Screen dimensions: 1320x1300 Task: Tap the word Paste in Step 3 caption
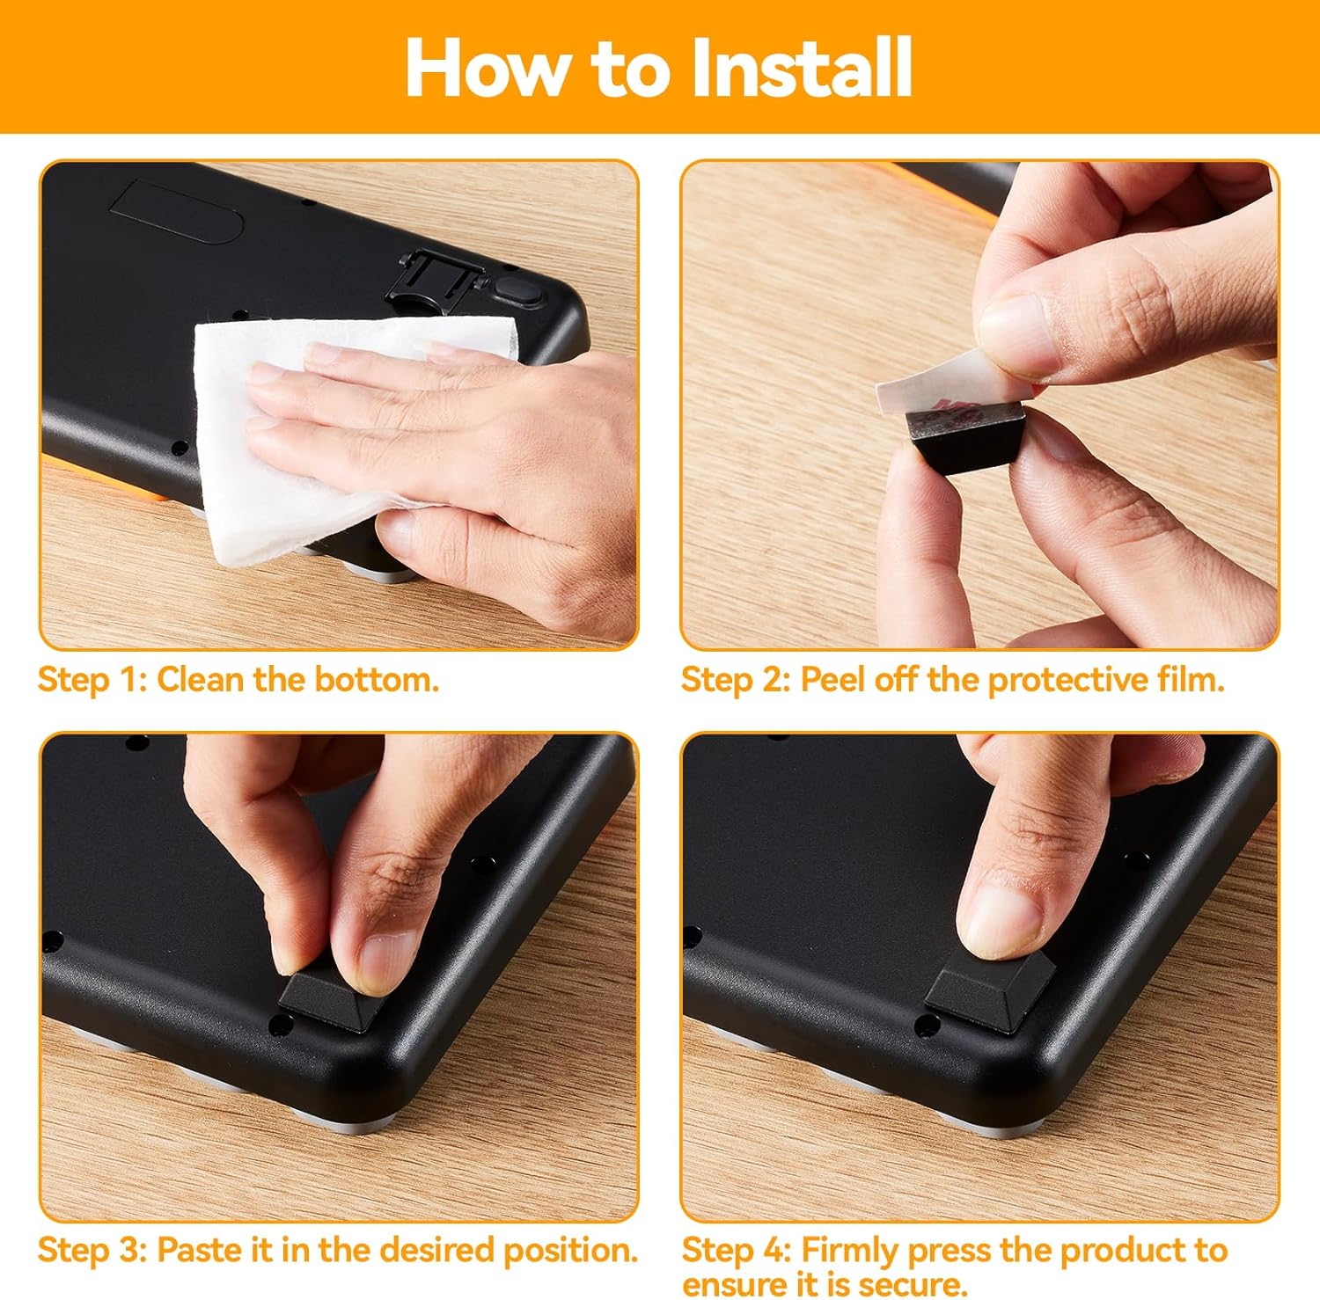coord(196,1250)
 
